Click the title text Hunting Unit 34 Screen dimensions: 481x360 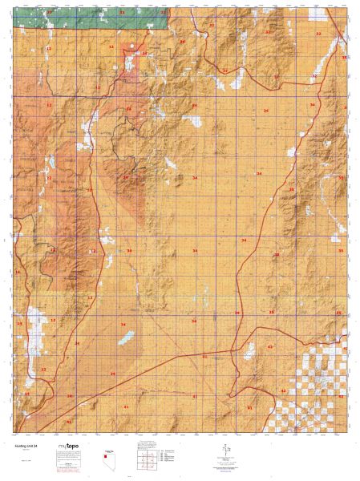(x=28, y=446)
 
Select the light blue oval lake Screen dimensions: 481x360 (x=125, y=339)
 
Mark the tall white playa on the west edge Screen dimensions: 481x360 (x=34, y=321)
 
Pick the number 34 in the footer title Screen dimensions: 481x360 (x=38, y=446)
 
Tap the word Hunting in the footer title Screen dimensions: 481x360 (x=22, y=446)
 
